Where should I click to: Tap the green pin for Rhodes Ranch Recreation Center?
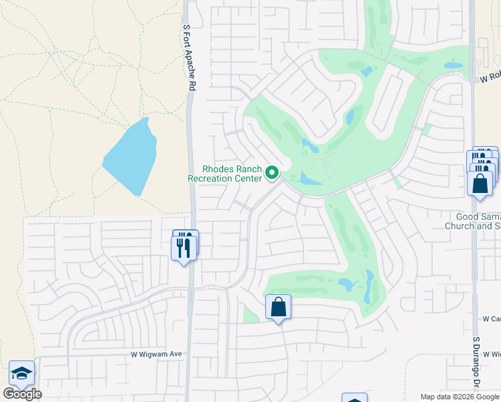pos(272,174)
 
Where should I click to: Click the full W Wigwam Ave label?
pos(156,354)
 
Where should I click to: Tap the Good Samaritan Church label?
pos(473,221)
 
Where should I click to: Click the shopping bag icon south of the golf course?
pos(278,308)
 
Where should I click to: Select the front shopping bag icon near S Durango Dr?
pos(480,183)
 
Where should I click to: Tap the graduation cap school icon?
pos(21,374)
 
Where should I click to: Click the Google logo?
pos(22,394)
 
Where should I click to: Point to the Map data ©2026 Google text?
pos(459,397)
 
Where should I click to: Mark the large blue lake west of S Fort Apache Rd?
pos(131,157)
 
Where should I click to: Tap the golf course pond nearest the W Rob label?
pos(453,66)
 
